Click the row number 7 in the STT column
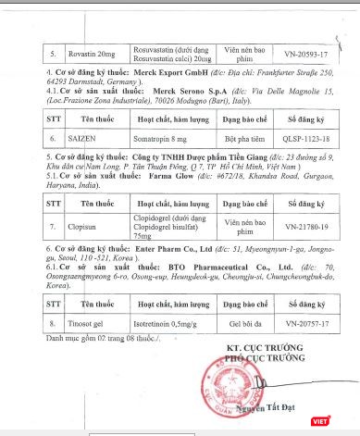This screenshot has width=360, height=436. tap(28, 225)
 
